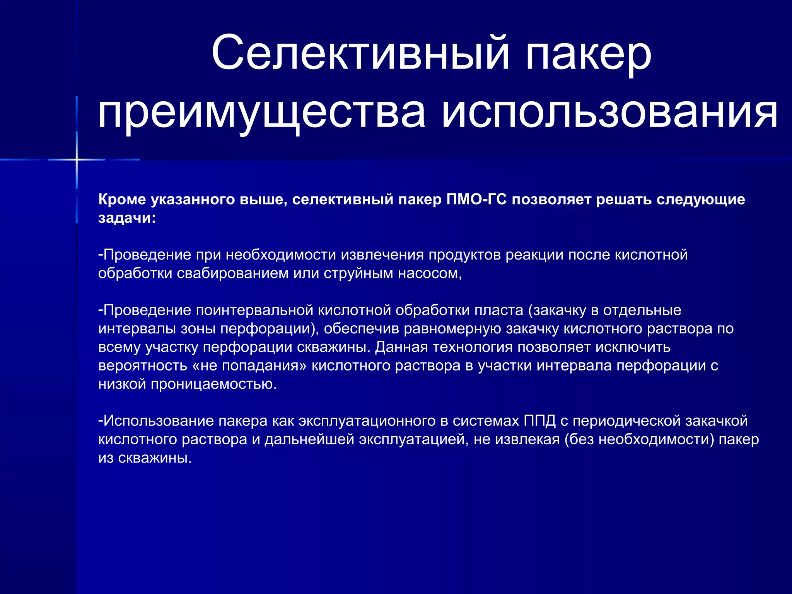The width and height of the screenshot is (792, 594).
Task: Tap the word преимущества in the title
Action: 262,113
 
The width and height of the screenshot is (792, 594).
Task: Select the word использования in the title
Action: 609,113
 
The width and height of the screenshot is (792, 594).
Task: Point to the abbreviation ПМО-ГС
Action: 476,200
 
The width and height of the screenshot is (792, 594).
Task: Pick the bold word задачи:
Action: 127,218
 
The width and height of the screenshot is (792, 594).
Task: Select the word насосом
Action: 430,273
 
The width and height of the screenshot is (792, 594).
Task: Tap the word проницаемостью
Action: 213,384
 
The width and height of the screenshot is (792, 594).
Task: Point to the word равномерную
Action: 452,329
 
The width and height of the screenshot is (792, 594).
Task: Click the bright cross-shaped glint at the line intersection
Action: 77,159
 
